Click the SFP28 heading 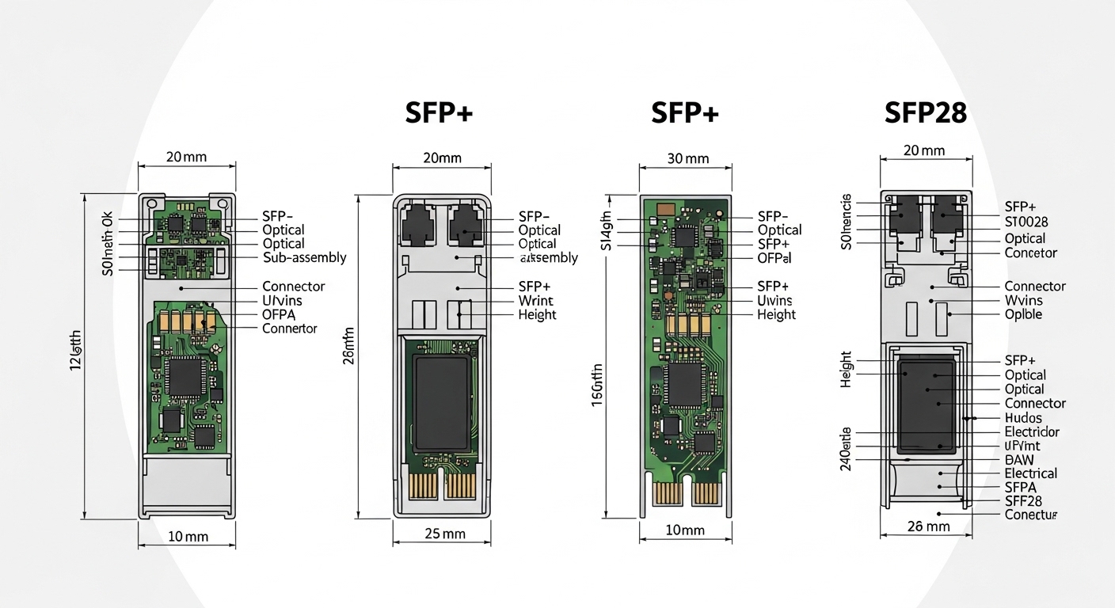click(925, 113)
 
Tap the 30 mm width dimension click(686, 158)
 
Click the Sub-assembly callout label click(304, 257)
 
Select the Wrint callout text click(535, 301)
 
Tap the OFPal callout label click(774, 258)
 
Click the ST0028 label click(1026, 222)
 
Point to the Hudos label click(1022, 418)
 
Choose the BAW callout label click(1018, 459)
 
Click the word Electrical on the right click(1030, 473)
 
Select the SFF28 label click(1022, 501)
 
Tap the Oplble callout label click(1023, 314)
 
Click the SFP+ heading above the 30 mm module click(684, 113)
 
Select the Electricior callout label click(1031, 432)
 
